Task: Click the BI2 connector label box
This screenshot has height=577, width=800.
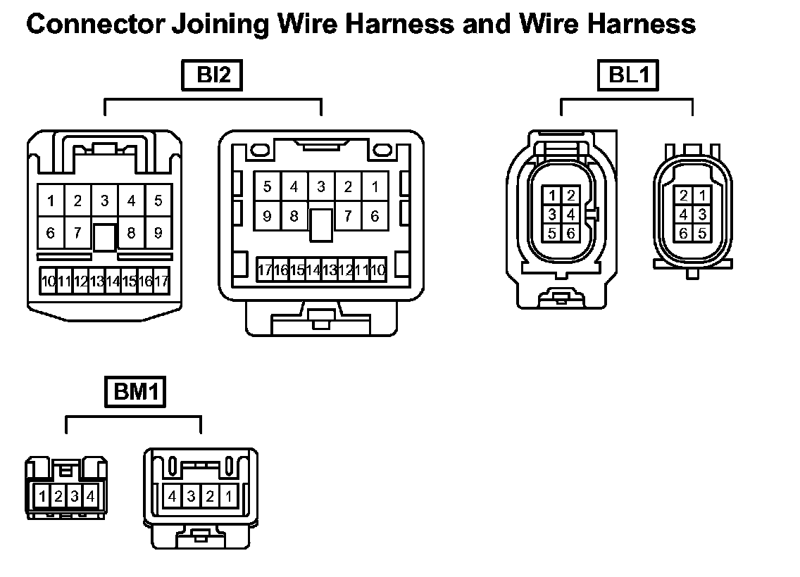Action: [x=211, y=76]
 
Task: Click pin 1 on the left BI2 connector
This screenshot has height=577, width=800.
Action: [x=51, y=201]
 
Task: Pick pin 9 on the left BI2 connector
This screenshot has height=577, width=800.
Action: [x=158, y=232]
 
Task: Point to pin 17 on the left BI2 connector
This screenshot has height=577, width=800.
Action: [x=162, y=281]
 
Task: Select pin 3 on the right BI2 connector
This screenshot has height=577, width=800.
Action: [x=321, y=186]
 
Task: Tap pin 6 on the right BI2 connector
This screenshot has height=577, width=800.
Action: [x=375, y=216]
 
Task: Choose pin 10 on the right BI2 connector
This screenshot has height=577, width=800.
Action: [x=378, y=270]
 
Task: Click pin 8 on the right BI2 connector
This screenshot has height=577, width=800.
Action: [x=294, y=216]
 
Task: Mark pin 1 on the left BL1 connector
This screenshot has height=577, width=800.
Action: [x=553, y=196]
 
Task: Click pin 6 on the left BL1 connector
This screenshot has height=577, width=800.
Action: [x=570, y=233]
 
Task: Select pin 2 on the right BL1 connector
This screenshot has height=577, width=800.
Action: [x=682, y=196]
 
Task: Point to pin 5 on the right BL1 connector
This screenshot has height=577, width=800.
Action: [x=701, y=233]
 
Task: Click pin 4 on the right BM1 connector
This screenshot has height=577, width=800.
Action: [x=173, y=497]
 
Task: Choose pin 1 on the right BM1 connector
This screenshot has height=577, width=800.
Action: [x=228, y=497]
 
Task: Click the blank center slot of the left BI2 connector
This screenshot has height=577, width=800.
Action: [x=104, y=237]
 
